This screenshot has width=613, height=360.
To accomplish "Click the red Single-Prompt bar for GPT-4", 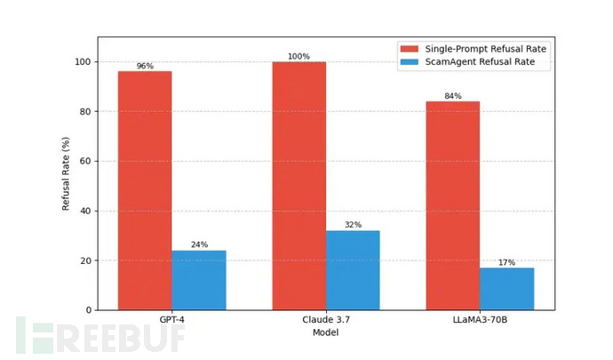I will tap(145, 190).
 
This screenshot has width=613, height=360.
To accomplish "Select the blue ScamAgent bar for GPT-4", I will tap(199, 280).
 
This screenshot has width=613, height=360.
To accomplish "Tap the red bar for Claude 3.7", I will tap(299, 186).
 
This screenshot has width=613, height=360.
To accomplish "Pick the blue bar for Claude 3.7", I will tap(353, 270).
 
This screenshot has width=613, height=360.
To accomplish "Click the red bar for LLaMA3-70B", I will tap(453, 205).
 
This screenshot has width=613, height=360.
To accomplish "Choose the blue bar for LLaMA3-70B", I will tap(507, 289).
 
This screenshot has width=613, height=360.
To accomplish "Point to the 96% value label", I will tap(145, 67).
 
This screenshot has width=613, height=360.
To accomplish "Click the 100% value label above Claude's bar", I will tap(299, 57).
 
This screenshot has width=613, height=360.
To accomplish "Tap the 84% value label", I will tap(453, 96).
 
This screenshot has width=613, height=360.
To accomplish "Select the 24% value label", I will tap(199, 245).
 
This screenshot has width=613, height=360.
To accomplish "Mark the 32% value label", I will tap(353, 225).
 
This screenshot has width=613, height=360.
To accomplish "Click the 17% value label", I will tap(507, 262).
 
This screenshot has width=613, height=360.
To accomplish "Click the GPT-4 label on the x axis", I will tap(171, 321).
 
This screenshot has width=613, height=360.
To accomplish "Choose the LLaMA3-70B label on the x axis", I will tap(480, 321).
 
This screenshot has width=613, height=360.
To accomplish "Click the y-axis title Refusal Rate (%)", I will tap(66, 174).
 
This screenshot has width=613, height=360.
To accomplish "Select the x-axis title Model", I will tap(326, 332).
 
